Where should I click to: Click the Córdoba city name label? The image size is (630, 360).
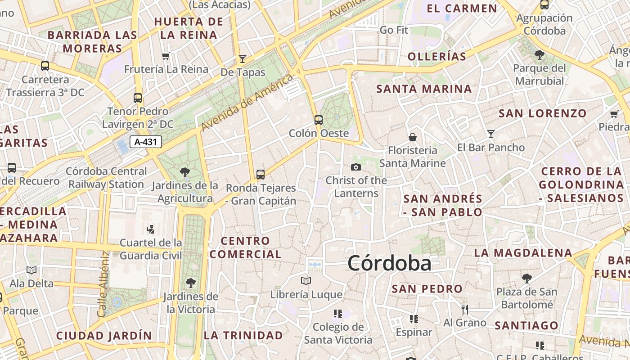click(389, 263)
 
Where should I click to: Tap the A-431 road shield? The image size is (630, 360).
click(146, 142)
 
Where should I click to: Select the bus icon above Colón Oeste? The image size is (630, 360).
click(319, 120)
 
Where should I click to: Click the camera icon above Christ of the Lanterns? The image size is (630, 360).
click(356, 167)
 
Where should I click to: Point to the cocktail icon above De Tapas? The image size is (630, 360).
click(243, 59)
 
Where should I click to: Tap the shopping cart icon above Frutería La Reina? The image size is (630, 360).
click(166, 56)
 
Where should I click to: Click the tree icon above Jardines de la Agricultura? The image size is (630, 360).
click(184, 172)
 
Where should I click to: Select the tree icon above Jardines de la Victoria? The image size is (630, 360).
click(191, 283)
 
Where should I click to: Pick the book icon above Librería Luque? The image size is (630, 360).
click(306, 281)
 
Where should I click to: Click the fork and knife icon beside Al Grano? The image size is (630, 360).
click(465, 310)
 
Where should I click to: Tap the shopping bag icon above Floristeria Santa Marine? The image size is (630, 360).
click(412, 137)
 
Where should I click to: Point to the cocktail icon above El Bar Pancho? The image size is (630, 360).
click(490, 134)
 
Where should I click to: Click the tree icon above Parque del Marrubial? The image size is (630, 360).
click(539, 55)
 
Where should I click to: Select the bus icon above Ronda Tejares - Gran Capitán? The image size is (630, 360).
click(261, 175)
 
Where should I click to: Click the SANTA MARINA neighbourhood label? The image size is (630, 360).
click(424, 89)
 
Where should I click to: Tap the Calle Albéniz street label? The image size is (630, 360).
click(103, 284)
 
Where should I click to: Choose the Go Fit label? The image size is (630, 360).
click(394, 30)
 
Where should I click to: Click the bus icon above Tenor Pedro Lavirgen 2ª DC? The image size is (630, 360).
click(138, 98)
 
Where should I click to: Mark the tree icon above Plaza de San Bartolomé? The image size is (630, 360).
click(526, 279)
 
